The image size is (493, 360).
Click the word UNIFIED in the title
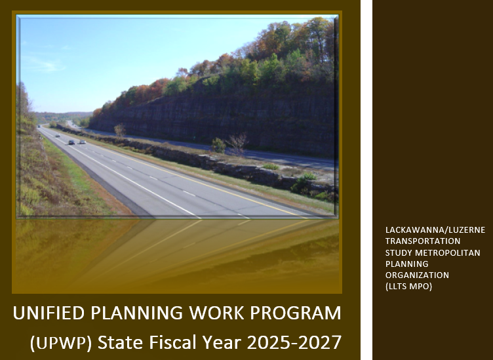pyautogui.click(x=49, y=313)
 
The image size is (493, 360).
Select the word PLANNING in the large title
pyautogui.click(x=137, y=313)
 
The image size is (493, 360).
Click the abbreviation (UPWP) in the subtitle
pyautogui.click(x=61, y=343)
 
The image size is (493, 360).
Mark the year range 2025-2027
pyautogui.click(x=294, y=342)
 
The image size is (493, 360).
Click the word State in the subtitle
pyautogui.click(x=121, y=342)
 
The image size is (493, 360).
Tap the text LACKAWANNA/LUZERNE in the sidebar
pyautogui.click(x=435, y=230)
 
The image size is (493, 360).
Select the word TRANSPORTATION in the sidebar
pyautogui.click(x=423, y=241)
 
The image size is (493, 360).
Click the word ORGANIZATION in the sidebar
pyautogui.click(x=417, y=275)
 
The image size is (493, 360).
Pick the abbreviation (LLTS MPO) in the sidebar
pyautogui.click(x=408, y=287)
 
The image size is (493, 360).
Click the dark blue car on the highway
pyautogui.click(x=71, y=142)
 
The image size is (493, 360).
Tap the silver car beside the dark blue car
pyautogui.click(x=83, y=142)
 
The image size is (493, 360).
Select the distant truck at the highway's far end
pyautogui.click(x=39, y=126)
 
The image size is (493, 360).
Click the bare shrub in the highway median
pyautogui.click(x=237, y=144)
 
